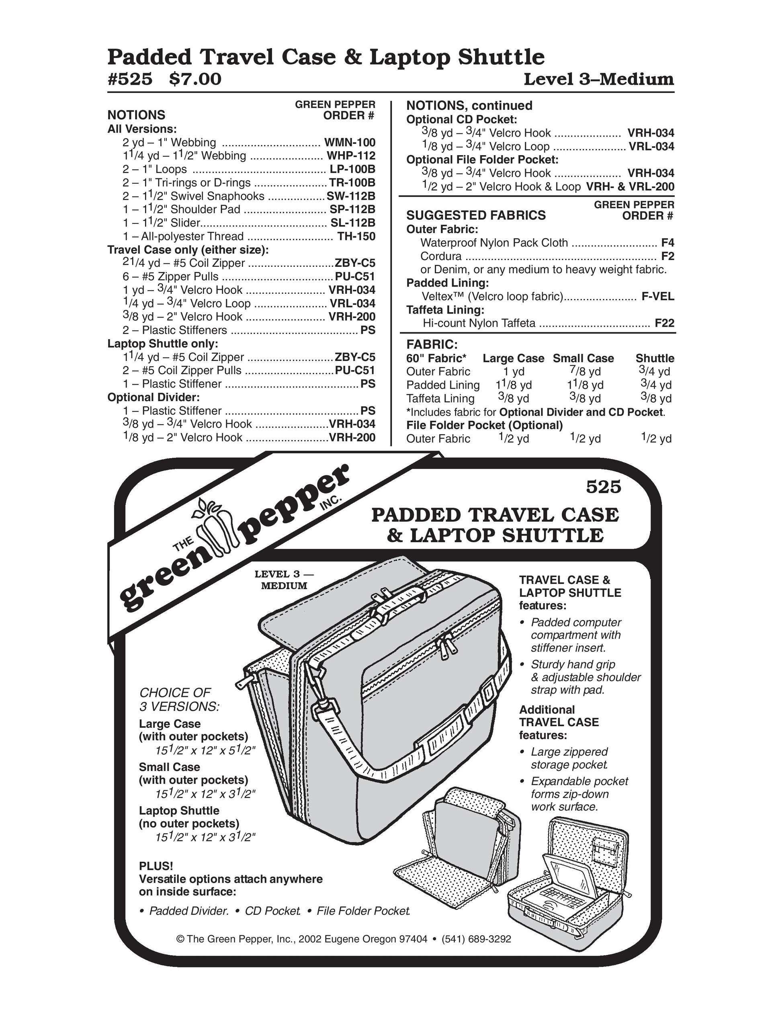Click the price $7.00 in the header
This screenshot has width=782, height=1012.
[x=195, y=79]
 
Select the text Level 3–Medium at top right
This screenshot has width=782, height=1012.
[x=598, y=79]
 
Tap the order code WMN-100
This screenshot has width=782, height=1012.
[x=349, y=142]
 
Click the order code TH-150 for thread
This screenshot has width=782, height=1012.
[x=356, y=236]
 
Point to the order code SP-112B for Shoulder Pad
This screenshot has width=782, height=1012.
[x=352, y=209]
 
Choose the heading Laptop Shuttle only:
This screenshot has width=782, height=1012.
[x=163, y=343]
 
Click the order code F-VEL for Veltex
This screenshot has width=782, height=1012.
[x=657, y=297]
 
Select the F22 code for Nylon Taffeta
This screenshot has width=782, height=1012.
[x=664, y=324]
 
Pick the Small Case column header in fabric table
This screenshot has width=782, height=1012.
[x=583, y=358]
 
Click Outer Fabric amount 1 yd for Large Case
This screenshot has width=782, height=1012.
[x=514, y=372]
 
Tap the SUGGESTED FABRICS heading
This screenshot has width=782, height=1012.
[x=476, y=215]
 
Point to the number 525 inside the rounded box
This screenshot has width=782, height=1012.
[x=603, y=487]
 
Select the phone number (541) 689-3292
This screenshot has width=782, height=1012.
[x=476, y=939]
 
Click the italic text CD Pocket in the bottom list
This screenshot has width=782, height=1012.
[x=272, y=911]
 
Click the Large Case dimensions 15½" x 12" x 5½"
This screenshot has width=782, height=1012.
[x=205, y=750]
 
